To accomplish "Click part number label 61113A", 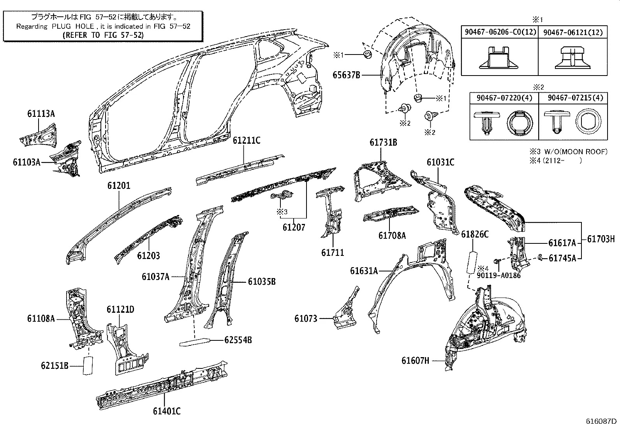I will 41,114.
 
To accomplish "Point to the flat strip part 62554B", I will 195,342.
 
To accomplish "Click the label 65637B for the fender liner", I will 346,75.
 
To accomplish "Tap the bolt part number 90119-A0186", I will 498,275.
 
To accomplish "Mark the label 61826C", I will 475,234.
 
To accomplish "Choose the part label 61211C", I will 247,141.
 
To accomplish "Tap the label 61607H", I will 416,361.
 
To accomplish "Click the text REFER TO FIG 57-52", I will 103,35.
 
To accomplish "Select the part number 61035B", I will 262,281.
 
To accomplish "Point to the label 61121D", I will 120,310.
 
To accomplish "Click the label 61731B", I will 383,143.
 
